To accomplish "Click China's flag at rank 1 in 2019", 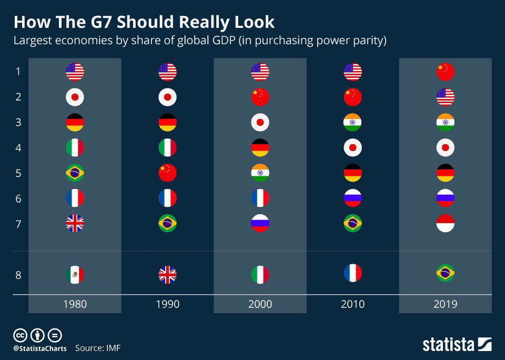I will (x=446, y=72).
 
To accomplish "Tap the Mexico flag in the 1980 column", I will (x=75, y=274).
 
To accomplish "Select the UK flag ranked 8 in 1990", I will (x=167, y=274).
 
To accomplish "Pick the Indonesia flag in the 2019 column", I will (x=446, y=223).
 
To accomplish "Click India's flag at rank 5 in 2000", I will (x=260, y=173).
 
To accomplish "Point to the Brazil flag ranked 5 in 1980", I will (x=75, y=173).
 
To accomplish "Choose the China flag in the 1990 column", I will (x=167, y=173).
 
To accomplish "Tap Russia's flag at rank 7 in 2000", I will (x=260, y=223).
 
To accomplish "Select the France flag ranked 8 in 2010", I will (x=352, y=273).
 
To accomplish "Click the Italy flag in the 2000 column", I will (x=260, y=274).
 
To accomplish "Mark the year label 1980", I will (x=75, y=304).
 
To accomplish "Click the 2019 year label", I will (x=446, y=304).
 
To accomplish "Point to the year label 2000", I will (x=260, y=304).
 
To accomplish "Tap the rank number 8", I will (x=18, y=275).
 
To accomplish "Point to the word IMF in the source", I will (x=113, y=348).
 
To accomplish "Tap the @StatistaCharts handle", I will (x=40, y=348).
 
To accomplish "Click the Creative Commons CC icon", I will (x=21, y=335).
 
